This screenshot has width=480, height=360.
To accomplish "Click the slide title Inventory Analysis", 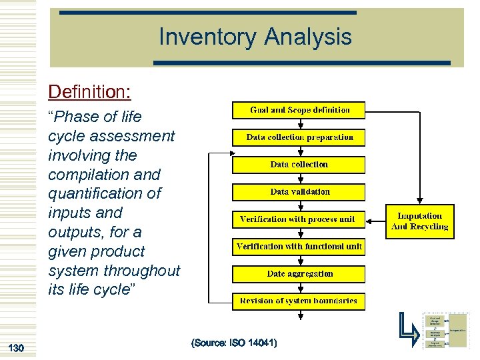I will [255, 37].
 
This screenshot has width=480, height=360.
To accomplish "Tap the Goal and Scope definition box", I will [299, 110].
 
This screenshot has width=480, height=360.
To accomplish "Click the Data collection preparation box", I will [299, 137].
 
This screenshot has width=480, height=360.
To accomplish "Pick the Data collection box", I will [299, 165].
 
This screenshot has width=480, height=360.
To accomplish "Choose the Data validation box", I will [299, 192].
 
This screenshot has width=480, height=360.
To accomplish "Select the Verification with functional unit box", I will [299, 247].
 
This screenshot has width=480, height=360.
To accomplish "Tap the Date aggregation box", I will [299, 274].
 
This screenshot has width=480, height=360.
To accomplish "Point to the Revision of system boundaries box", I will [299, 301].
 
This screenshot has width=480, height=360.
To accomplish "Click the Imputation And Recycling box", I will [420, 221].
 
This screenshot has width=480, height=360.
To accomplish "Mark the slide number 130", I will [15, 347].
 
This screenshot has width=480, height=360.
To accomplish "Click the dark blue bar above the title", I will [207, 13].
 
